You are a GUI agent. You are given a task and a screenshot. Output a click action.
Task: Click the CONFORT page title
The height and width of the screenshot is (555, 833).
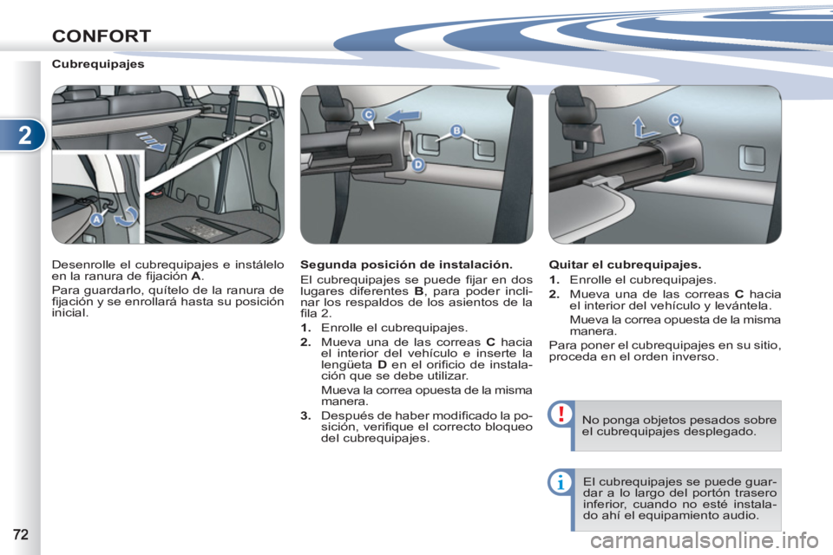[102, 36]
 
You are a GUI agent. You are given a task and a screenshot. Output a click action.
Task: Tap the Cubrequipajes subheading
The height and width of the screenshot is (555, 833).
[98, 64]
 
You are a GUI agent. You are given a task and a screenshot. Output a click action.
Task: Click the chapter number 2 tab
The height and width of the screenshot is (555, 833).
[24, 135]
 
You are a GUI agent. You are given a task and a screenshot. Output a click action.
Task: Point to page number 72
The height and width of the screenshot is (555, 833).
[20, 534]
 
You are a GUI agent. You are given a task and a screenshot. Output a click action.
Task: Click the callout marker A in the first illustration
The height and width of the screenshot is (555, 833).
[96, 219]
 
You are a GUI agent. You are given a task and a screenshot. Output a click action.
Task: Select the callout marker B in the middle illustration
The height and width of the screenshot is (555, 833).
[456, 131]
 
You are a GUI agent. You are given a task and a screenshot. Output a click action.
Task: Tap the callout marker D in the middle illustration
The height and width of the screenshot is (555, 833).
[418, 165]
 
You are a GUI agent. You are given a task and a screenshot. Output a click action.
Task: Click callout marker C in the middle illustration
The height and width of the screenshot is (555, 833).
[368, 114]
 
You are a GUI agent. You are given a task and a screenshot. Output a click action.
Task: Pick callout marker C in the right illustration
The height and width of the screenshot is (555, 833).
[675, 120]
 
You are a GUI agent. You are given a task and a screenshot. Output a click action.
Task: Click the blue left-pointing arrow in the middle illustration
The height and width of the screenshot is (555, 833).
[403, 116]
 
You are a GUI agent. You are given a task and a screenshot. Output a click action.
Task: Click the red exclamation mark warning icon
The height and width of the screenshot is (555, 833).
[561, 414]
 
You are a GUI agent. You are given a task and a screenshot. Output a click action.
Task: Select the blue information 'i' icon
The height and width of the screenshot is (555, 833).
[561, 483]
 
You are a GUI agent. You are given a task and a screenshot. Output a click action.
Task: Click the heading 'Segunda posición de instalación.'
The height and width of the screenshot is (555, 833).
[406, 265]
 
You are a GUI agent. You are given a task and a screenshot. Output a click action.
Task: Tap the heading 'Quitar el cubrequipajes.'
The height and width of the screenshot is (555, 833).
[625, 265]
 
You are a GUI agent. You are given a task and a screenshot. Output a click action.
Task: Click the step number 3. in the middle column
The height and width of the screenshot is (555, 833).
[305, 416]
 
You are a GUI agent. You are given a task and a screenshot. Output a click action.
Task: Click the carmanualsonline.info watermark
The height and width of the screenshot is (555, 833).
[704, 541]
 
